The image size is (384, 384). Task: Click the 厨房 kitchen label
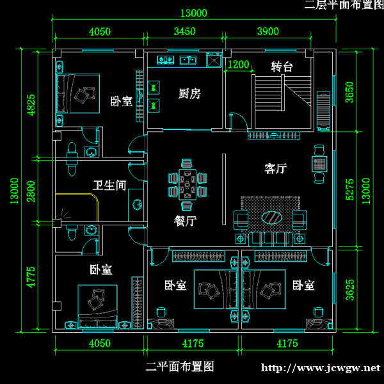tap(189, 94)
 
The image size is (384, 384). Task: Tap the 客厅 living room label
tap(275, 169)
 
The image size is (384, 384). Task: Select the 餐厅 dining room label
tap(185, 221)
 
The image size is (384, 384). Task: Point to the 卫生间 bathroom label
tap(109, 186)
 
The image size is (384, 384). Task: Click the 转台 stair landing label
tap(282, 67)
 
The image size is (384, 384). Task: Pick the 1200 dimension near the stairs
tap(238, 65)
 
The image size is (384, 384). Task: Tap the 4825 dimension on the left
tap(31, 106)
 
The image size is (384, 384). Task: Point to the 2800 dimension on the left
tap(31, 190)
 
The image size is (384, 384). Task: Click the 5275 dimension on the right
tap(349, 190)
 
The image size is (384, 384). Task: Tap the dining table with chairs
tap(188, 186)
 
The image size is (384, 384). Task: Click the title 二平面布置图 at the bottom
tap(179, 367)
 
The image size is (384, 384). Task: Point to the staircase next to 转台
tap(283, 102)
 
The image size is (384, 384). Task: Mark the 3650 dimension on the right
tap(349, 92)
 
